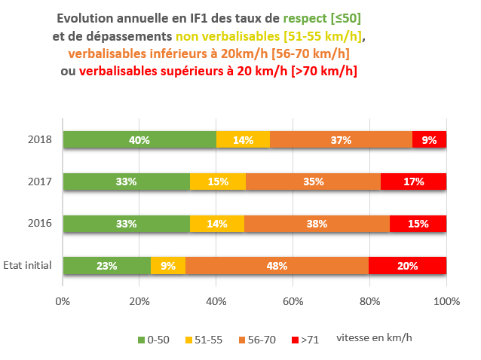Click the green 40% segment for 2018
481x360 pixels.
tap(139, 139)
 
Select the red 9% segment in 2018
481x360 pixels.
tap(429, 139)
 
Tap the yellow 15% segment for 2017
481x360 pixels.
tap(218, 182)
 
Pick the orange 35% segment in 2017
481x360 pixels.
tap(313, 182)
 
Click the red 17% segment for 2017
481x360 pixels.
tap(413, 182)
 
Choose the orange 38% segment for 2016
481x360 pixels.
tap(317, 224)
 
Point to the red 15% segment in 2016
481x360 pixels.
tap(418, 224)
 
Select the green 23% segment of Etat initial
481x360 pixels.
tap(107, 266)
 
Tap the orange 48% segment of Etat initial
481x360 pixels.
tap(277, 266)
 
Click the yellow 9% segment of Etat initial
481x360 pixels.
tap(168, 266)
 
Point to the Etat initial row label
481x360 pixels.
tap(27, 266)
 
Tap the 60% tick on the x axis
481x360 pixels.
tap(293, 301)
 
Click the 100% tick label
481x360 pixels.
tap(446, 301)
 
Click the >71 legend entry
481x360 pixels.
tap(305, 340)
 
